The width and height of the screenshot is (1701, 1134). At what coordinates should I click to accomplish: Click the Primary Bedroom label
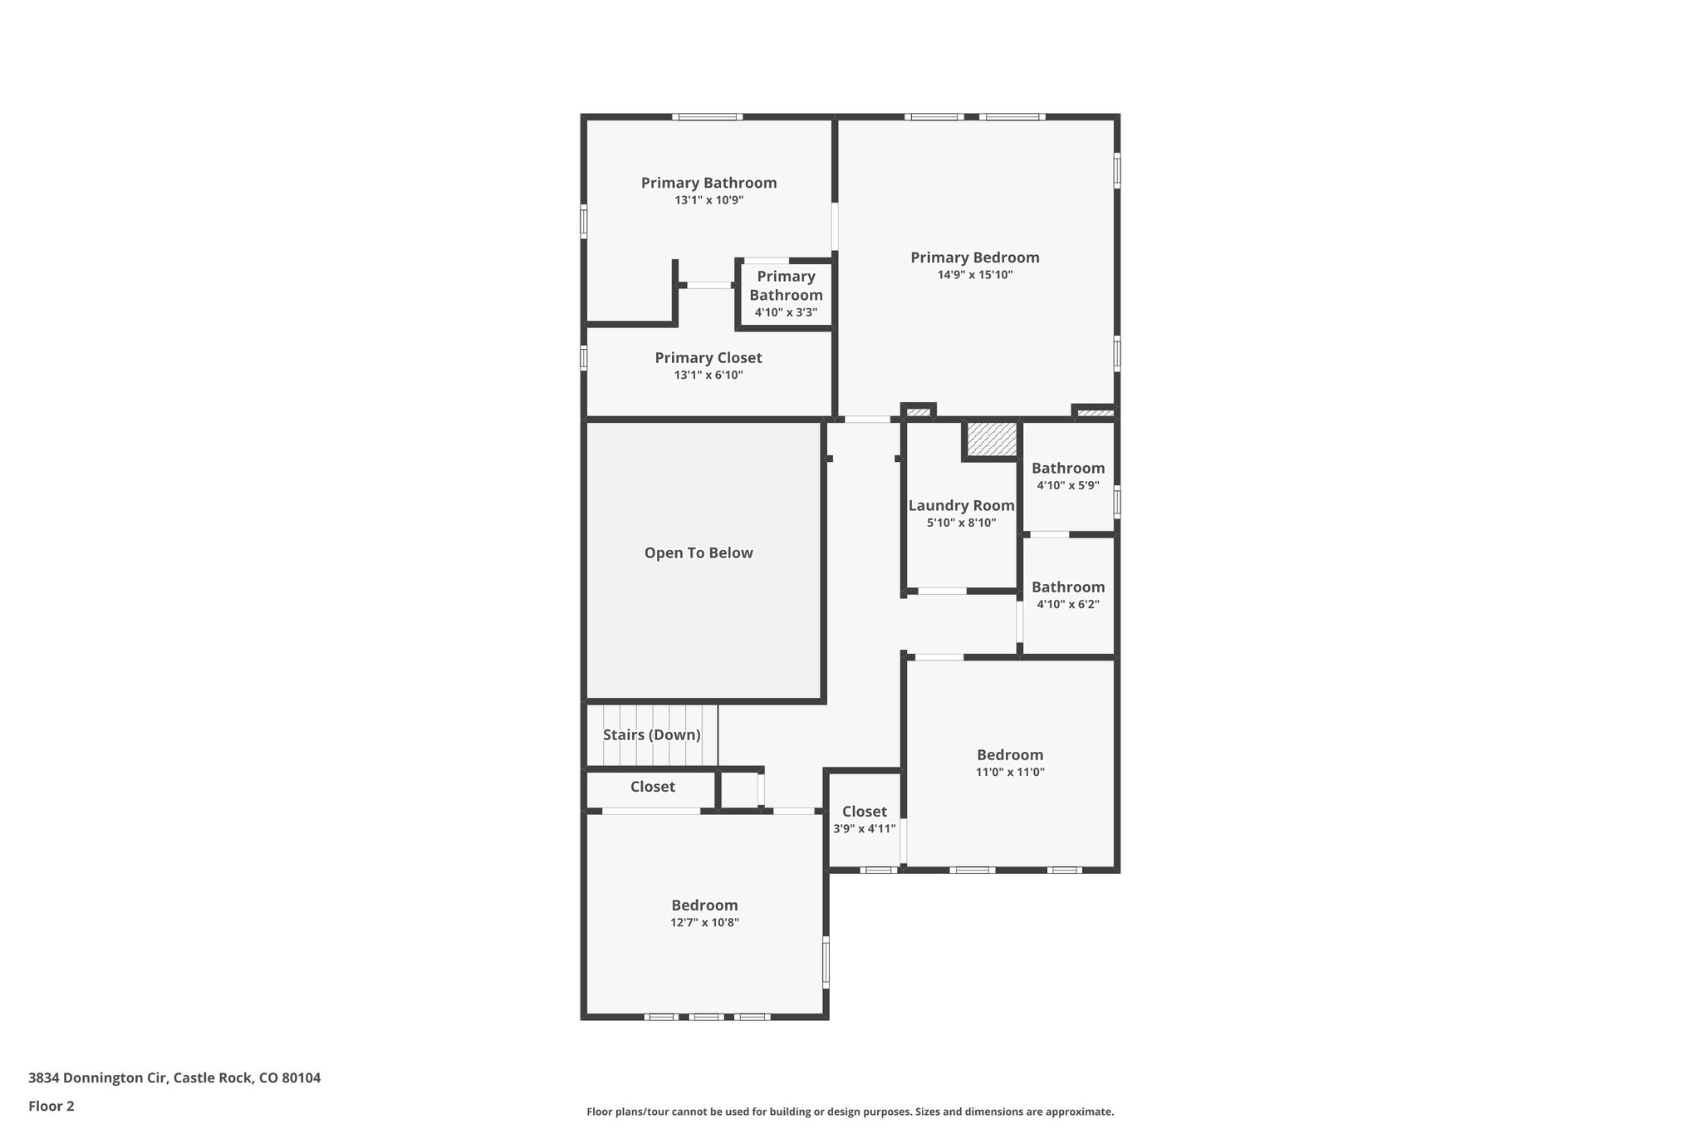(x=974, y=258)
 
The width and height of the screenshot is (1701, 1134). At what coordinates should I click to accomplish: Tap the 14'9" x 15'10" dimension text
(x=974, y=275)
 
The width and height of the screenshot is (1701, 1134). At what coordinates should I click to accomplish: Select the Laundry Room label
(x=961, y=506)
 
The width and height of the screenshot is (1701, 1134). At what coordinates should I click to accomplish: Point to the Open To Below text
(x=699, y=553)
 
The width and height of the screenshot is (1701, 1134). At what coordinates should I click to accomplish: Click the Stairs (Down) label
(x=651, y=735)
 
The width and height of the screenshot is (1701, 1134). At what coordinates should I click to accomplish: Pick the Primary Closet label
(x=708, y=358)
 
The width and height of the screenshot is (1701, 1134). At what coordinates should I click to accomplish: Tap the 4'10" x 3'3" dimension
(x=786, y=313)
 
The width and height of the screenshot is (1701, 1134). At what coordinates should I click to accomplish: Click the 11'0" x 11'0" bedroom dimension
(x=1009, y=773)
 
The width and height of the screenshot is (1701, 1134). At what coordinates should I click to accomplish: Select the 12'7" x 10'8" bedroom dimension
(x=704, y=923)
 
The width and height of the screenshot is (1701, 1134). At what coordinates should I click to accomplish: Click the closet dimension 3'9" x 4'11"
(x=864, y=829)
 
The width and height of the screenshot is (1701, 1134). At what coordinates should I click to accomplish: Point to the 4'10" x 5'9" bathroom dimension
(x=1067, y=486)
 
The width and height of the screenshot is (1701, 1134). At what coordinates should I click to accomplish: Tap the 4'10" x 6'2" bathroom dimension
(x=1067, y=605)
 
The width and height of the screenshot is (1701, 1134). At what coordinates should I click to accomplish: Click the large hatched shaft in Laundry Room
(x=992, y=439)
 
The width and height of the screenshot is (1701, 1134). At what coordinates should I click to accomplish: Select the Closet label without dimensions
(x=652, y=787)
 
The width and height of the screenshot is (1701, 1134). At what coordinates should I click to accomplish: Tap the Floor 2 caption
(x=51, y=1107)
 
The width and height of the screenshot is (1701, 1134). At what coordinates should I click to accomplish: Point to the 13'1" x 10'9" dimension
(x=708, y=200)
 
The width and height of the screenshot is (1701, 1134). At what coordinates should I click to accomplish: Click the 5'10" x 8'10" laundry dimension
(x=961, y=523)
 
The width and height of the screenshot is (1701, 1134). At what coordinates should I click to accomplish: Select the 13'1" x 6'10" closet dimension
(x=708, y=376)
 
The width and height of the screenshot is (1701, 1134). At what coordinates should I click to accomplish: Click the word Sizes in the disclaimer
(x=931, y=1112)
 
